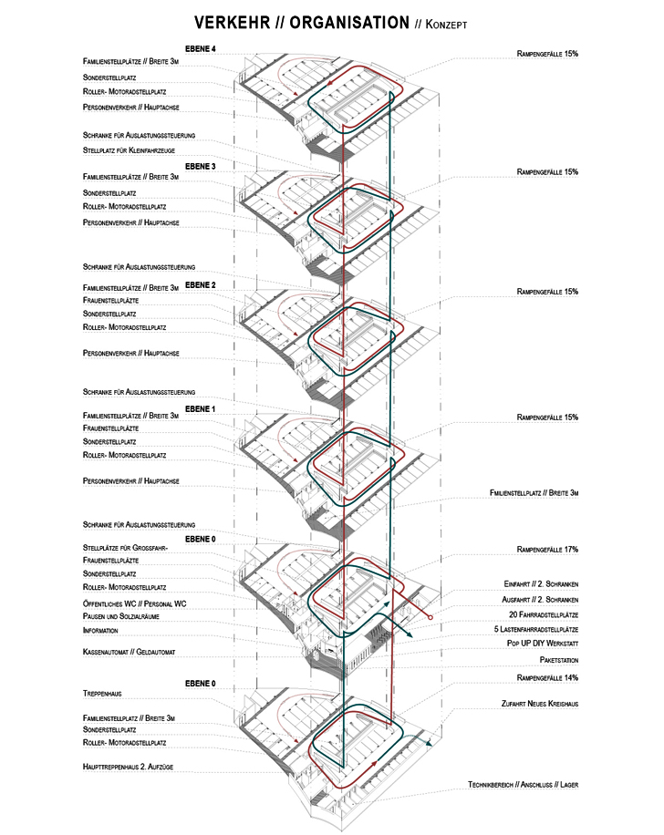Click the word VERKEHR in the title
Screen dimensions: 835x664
coord(231,23)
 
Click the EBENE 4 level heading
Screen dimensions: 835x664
coord(200,47)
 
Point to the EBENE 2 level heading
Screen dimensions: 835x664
coord(200,285)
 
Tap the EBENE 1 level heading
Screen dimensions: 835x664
coord(200,409)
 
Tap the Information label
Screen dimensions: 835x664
coord(100,630)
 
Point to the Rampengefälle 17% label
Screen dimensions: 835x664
coord(547,550)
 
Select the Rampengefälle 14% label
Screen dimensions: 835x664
coord(547,678)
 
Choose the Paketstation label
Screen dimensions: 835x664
coord(559,659)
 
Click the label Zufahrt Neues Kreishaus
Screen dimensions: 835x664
coord(540,704)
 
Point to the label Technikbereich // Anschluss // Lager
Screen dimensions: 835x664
coord(523,785)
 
